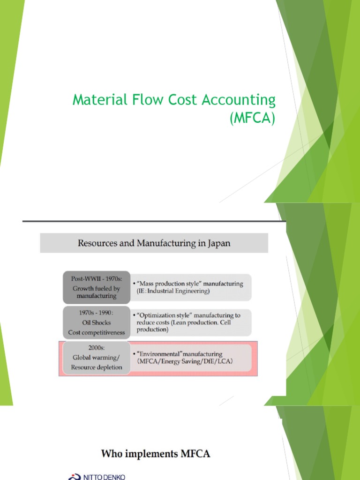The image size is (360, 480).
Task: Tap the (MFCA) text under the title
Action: pos(252,118)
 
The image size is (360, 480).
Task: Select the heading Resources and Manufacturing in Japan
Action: pos(154,243)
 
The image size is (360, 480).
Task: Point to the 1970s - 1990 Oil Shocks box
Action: pos(97,322)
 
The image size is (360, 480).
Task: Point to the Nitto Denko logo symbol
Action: pos(74,477)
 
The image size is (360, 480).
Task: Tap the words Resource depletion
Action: pos(97,367)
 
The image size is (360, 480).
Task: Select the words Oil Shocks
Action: pos(97,322)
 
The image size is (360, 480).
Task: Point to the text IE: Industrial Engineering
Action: pos(172,291)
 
